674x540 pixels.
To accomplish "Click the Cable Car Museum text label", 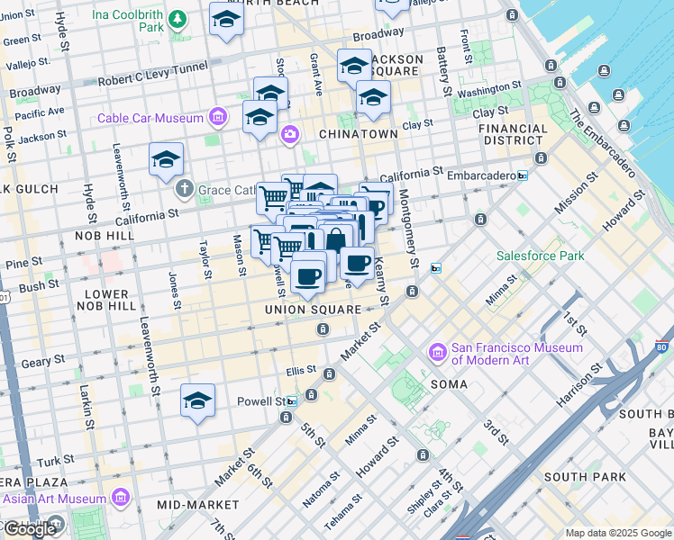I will tap(151, 118).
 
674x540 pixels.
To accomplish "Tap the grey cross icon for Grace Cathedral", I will tap(184, 190).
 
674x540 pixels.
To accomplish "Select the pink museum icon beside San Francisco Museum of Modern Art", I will tap(439, 350).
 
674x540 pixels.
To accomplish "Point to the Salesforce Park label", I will tap(540, 256).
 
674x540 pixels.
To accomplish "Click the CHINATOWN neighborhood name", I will tap(358, 134).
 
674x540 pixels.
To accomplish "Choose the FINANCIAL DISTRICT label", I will tap(514, 134).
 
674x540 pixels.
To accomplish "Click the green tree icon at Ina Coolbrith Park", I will tap(178, 18).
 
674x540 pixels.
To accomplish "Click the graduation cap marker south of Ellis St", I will tap(198, 401).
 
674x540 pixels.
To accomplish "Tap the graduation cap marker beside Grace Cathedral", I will tap(166, 159).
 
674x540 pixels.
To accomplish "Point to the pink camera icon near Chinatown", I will tap(289, 135).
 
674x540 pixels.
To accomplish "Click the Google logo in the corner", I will tap(30, 529).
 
